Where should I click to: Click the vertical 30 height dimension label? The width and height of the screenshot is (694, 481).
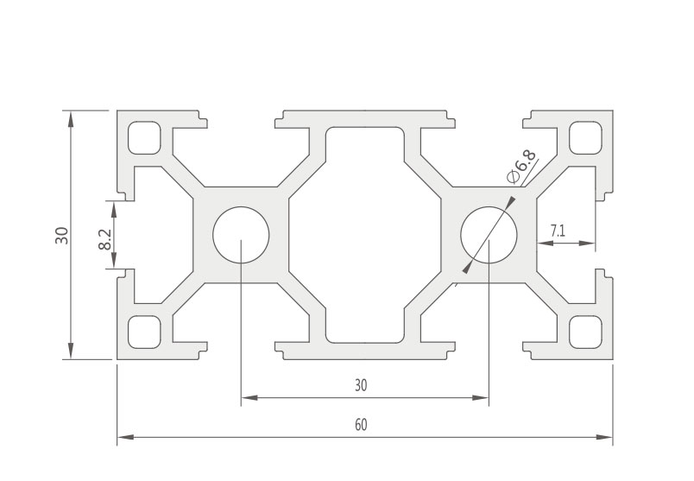62,235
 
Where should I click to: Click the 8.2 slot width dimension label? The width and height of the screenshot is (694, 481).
105,240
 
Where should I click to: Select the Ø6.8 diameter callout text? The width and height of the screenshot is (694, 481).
521,167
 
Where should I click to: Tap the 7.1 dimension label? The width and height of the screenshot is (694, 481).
558,231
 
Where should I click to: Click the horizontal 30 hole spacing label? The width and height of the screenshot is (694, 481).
361,385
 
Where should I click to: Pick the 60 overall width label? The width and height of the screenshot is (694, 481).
361,425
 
